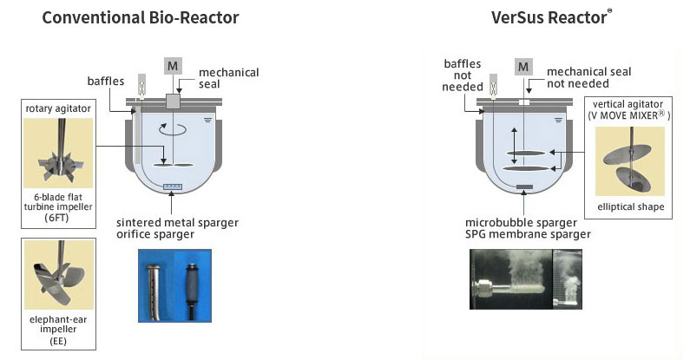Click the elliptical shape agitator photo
tap(630, 162)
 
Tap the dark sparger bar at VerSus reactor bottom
tap(523, 187)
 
